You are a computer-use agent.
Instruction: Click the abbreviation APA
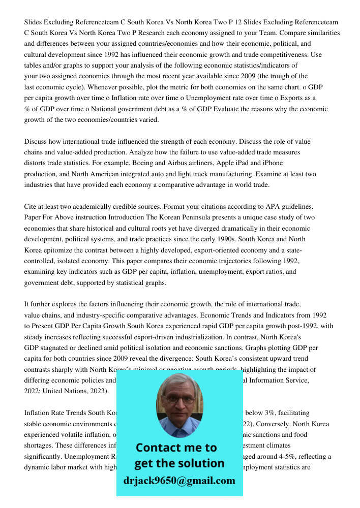[274, 207]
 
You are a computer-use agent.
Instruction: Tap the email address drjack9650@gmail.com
[179, 481]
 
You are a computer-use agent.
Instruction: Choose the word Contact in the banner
[157, 448]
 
